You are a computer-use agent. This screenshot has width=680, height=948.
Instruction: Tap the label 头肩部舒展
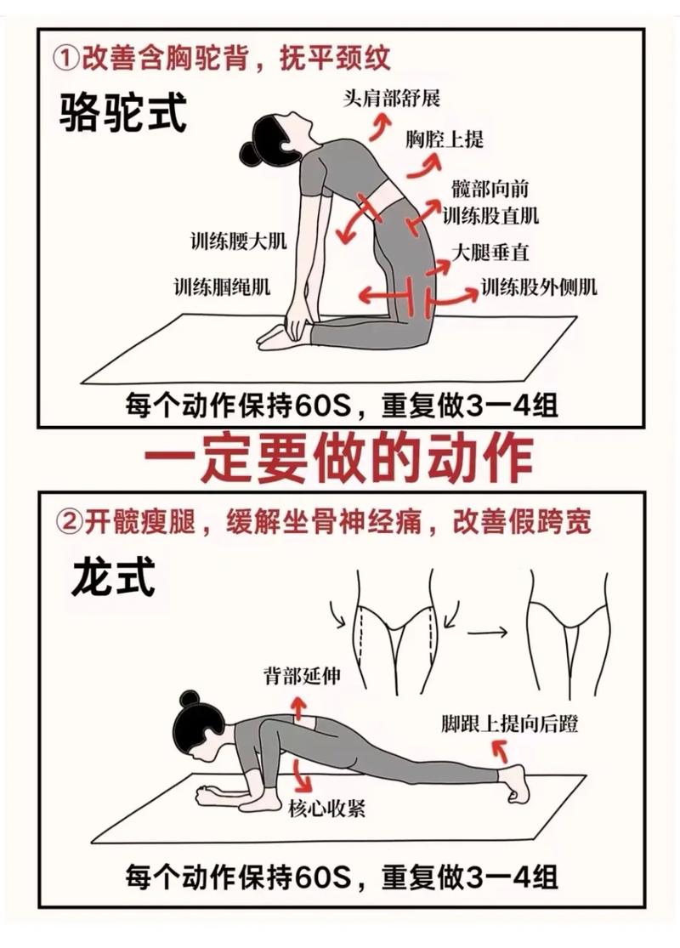coord(393,99)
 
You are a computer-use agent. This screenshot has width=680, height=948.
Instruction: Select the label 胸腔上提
coord(444,139)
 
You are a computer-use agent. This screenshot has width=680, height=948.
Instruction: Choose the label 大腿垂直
coord(490,252)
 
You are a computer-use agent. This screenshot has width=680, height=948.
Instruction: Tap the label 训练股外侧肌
coord(539,287)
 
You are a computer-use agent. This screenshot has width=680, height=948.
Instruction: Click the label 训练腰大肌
coord(238,241)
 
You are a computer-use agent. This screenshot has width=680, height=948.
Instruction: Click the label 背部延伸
coord(302,676)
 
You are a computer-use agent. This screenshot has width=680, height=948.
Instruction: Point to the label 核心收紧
coord(327,809)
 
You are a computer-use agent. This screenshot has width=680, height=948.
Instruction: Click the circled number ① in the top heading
coord(66,59)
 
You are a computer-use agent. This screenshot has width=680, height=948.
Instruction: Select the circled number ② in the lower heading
coord(66,521)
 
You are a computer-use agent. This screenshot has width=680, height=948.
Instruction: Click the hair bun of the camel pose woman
coord(249,152)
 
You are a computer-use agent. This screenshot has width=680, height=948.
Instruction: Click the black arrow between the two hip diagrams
coord(489,632)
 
